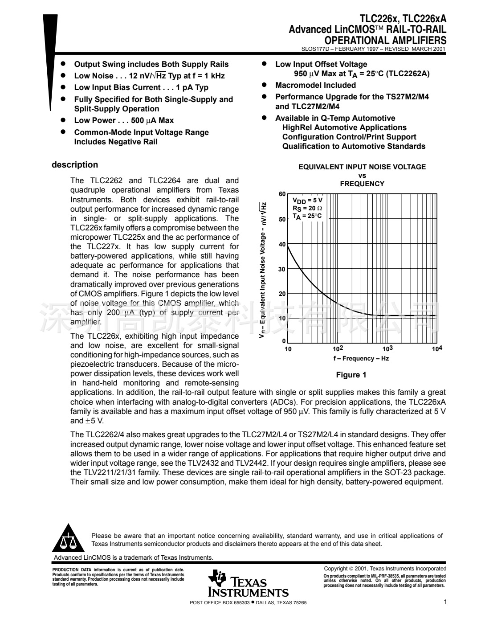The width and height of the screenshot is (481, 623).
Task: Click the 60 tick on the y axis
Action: (x=282, y=194)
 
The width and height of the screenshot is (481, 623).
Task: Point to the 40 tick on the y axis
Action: (x=282, y=244)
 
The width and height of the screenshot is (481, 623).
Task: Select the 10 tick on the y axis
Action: (x=282, y=318)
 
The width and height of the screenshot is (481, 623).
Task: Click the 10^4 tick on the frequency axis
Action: (x=437, y=349)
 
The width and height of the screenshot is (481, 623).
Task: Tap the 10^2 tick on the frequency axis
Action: (x=338, y=349)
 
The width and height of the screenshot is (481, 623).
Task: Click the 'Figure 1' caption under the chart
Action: (x=351, y=375)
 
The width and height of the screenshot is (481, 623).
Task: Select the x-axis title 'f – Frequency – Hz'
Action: (x=361, y=359)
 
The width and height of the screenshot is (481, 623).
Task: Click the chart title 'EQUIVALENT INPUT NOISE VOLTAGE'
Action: (x=362, y=167)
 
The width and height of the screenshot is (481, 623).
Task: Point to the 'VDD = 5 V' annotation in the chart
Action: (x=307, y=201)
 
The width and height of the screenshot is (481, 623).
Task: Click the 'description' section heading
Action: (x=75, y=165)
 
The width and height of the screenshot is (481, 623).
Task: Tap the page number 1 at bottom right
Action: (x=445, y=602)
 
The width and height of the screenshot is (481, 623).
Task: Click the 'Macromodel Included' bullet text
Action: (x=315, y=85)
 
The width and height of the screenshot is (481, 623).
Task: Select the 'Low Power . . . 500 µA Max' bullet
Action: (x=124, y=120)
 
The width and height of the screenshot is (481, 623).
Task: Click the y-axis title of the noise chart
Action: (x=263, y=270)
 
